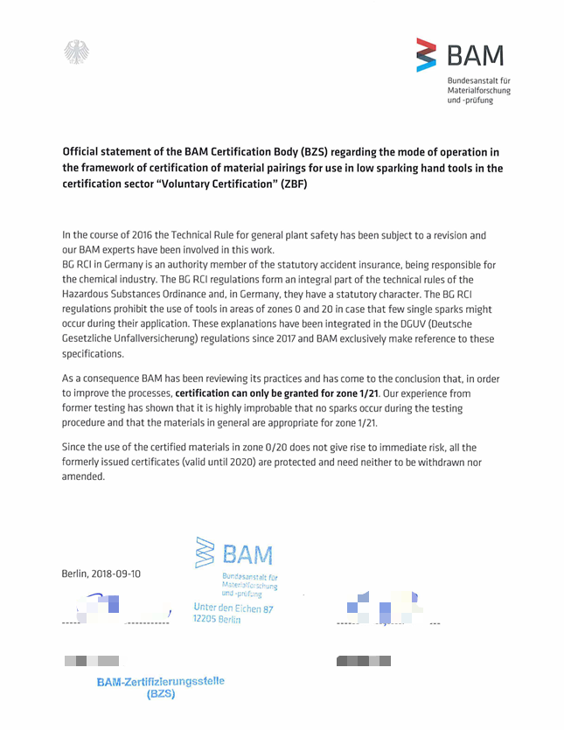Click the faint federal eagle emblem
pos(76,52)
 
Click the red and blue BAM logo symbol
pos(426,55)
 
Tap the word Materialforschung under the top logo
pos(478,90)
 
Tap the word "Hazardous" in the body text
pos(90,295)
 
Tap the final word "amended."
pos(83,476)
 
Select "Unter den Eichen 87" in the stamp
pos(233,608)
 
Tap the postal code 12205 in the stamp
pos(205,619)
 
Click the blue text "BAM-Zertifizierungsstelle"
pos(160,681)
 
